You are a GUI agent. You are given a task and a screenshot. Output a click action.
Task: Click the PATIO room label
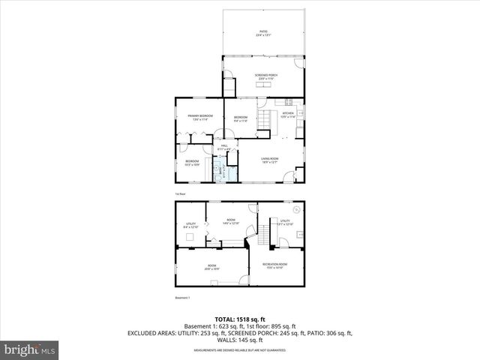[263, 33]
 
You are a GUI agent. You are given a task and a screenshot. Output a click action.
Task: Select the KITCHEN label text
[289, 115]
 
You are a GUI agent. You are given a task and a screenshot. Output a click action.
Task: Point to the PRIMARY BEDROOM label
[200, 117]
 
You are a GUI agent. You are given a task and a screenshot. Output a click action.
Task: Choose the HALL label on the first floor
[223, 148]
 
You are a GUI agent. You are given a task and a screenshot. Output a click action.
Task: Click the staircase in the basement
[263, 235]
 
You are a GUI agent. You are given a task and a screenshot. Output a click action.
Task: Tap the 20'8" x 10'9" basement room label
[211, 266]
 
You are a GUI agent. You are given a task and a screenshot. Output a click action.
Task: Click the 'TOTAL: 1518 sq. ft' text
[240, 319]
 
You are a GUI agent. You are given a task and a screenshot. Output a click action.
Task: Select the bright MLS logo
[30, 349]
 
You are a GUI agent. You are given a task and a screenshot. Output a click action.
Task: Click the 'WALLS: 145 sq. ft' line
[240, 340]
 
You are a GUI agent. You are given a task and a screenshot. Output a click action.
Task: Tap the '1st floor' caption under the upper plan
[180, 193]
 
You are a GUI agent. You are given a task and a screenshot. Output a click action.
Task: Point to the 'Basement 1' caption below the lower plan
[183, 298]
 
